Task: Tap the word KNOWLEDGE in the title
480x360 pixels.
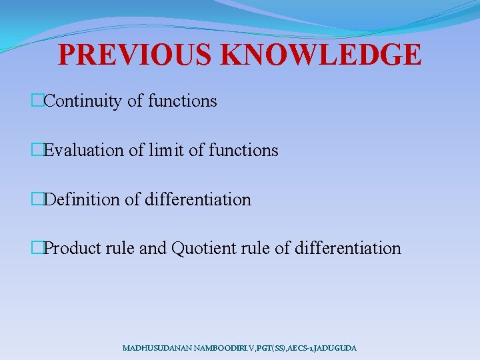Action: (323, 55)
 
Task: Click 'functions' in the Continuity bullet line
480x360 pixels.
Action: (182, 101)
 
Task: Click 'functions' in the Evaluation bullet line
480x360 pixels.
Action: (243, 151)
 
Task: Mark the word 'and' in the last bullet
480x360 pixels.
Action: (153, 249)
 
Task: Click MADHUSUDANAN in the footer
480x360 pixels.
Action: (155, 348)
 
